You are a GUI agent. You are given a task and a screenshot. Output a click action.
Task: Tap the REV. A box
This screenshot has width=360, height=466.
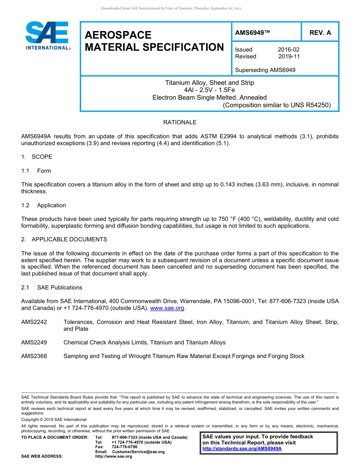click(x=320, y=33)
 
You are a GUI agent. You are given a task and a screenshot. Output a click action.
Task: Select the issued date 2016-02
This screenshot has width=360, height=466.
click(x=288, y=50)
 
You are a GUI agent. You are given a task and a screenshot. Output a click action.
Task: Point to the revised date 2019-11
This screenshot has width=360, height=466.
click(x=289, y=56)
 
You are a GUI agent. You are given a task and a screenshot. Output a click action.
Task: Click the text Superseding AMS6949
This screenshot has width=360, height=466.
click(x=265, y=70)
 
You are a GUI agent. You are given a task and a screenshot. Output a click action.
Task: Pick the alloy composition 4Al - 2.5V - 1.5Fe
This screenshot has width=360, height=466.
click(x=209, y=90)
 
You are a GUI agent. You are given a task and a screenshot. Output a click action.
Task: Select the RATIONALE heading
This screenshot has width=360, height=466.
click(x=180, y=122)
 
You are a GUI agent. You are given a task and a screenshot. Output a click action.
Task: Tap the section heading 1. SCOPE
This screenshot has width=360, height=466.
click(x=37, y=157)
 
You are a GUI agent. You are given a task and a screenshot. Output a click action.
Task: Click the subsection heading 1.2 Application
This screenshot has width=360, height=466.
click(x=44, y=205)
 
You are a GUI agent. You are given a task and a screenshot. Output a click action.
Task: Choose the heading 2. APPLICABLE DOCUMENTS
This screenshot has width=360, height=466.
click(x=64, y=239)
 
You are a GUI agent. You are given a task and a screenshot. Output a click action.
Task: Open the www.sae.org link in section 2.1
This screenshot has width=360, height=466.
click(x=167, y=308)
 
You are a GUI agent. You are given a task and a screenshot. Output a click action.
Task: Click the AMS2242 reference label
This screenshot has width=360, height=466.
click(x=34, y=322)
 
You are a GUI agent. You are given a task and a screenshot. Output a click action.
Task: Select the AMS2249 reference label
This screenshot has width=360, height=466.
click(x=34, y=342)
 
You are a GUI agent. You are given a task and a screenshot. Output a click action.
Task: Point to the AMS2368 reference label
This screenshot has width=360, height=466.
click(x=34, y=356)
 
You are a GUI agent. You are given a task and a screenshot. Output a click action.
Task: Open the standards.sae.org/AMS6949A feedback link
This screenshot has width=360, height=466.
click(x=242, y=449)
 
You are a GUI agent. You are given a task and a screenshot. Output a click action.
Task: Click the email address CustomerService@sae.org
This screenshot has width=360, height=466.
click(x=138, y=452)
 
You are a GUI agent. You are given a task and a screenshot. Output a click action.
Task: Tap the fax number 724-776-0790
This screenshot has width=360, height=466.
click(x=124, y=447)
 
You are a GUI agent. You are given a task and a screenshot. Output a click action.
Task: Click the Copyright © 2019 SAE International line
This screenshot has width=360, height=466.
click(x=54, y=419)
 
